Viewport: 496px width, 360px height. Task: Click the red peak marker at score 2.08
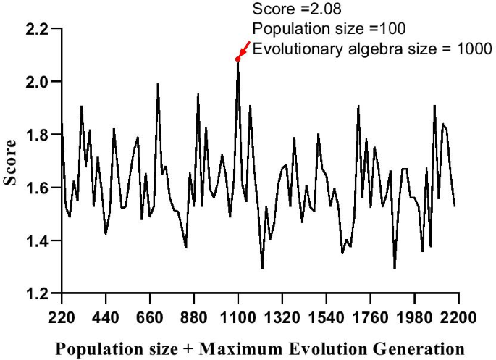238,59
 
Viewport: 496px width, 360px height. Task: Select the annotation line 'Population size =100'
328,29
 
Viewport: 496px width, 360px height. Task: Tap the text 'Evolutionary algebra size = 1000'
371,49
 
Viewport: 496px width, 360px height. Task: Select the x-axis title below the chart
261,348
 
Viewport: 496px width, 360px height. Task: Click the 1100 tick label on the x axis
238,318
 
